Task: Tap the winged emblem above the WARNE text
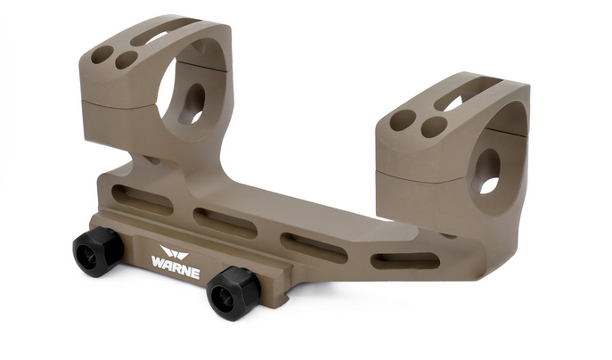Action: (x=174, y=251)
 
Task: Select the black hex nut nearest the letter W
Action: (x=98, y=251)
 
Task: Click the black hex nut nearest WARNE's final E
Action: (x=233, y=293)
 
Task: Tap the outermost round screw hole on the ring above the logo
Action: (x=102, y=55)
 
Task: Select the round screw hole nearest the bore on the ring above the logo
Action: (x=126, y=60)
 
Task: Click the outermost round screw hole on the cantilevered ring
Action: (x=403, y=120)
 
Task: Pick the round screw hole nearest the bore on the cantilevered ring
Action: (x=434, y=127)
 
